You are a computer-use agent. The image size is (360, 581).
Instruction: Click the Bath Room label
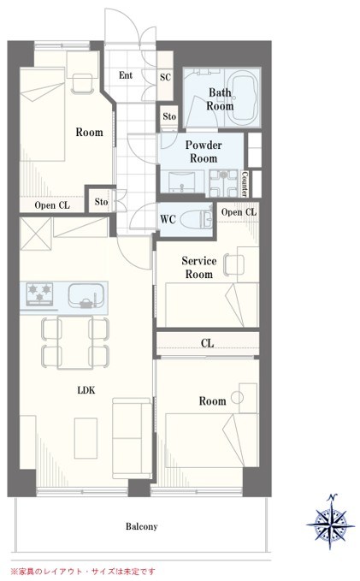(x=220, y=99)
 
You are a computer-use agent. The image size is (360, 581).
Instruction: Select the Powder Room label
(x=204, y=151)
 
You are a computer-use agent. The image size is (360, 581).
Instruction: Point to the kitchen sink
(x=86, y=296)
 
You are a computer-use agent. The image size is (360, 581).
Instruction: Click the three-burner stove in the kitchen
(x=39, y=294)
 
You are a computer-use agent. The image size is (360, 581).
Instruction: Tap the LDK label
(x=86, y=390)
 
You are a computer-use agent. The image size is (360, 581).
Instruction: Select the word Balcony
(x=141, y=526)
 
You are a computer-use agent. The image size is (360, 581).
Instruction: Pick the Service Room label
(x=199, y=268)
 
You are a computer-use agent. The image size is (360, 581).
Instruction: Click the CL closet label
(x=208, y=343)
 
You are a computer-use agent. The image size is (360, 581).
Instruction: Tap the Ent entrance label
(x=126, y=75)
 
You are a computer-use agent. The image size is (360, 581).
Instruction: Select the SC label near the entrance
(x=165, y=77)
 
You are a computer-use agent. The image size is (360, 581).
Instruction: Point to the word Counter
(x=245, y=183)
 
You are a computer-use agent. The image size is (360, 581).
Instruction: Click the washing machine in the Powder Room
(x=223, y=183)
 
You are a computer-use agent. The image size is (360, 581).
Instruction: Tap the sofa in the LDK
(x=132, y=438)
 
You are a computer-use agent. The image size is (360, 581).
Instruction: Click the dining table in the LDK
(x=75, y=342)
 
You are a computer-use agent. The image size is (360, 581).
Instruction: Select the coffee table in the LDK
(x=86, y=438)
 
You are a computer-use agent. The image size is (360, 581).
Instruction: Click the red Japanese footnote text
(x=83, y=572)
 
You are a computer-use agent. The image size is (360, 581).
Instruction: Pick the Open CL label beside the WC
(x=239, y=212)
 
